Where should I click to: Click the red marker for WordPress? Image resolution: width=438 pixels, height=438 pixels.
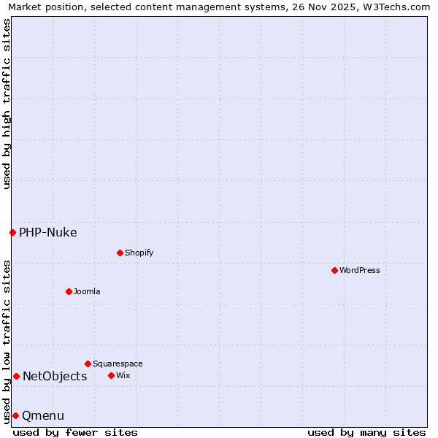[334, 270]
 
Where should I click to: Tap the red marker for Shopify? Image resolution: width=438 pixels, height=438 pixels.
[120, 253]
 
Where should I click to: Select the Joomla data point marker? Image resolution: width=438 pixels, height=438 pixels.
[69, 291]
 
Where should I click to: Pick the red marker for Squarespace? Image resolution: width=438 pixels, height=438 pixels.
[88, 364]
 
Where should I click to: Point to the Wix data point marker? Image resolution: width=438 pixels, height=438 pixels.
[111, 375]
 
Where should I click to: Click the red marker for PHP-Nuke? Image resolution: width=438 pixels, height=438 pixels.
[12, 232]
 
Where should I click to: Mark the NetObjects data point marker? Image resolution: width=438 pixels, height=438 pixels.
[16, 376]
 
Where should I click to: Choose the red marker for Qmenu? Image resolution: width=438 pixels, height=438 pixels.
[15, 415]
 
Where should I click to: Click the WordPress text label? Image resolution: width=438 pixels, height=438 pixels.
[360, 270]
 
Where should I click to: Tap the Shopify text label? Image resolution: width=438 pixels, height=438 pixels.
[139, 253]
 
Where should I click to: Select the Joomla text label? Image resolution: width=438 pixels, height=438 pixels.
[87, 291]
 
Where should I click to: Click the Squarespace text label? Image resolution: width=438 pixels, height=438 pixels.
[118, 364]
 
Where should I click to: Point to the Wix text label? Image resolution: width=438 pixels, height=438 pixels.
[123, 375]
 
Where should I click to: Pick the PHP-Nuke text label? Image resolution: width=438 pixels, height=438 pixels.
[48, 233]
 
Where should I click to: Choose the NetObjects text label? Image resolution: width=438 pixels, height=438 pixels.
[55, 377]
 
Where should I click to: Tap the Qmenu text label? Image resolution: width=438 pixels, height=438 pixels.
[43, 416]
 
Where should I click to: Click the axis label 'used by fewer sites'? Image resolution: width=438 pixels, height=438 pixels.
[75, 432]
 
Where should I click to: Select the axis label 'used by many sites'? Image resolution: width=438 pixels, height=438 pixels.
[366, 432]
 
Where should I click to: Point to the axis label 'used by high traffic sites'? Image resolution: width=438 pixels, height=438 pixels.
[7, 104]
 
